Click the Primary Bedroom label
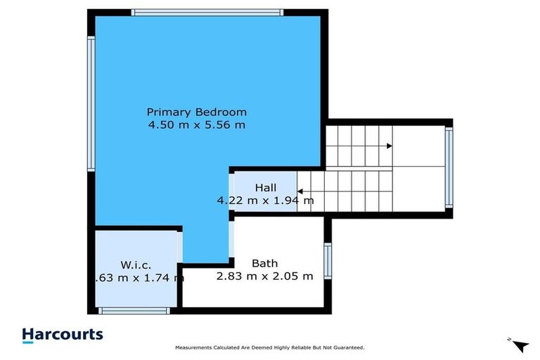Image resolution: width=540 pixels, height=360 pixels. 196,112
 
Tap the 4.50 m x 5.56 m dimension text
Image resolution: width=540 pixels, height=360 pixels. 196,125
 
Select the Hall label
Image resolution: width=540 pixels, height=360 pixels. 265,188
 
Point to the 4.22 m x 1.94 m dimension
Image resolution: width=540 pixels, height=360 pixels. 265,200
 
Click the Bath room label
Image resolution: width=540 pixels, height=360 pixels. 264,264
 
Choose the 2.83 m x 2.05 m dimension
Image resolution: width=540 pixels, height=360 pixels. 264,276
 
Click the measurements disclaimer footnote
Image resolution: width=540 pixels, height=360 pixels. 269,348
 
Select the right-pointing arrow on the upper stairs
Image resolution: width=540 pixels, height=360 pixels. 388,146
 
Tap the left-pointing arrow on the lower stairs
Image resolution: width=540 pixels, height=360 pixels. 300,191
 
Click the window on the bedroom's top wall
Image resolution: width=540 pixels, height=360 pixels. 207,12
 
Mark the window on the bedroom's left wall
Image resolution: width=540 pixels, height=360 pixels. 91,103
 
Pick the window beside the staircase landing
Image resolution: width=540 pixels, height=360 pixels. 449,167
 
